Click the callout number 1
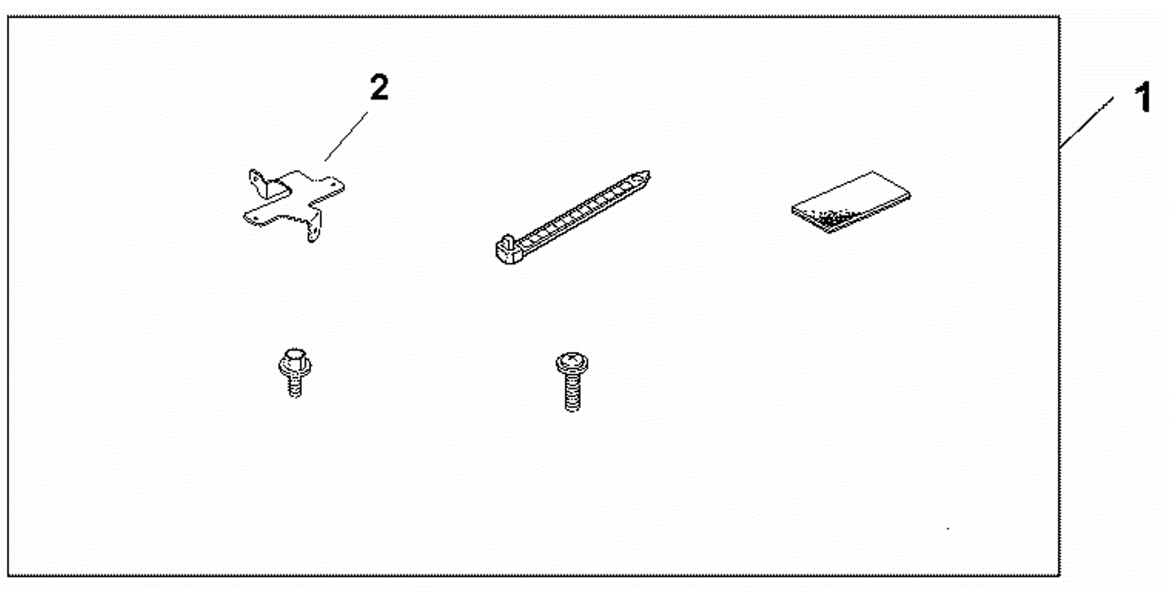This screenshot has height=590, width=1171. (1143, 98)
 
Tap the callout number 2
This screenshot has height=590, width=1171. (379, 88)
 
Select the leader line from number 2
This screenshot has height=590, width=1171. (346, 136)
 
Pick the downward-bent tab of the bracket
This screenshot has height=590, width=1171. (314, 228)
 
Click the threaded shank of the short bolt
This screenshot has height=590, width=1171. (295, 386)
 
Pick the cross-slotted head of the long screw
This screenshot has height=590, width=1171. (572, 362)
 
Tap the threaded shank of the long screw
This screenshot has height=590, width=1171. (572, 394)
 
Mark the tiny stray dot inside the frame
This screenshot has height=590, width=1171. (948, 528)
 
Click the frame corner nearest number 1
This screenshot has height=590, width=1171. (1059, 18)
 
